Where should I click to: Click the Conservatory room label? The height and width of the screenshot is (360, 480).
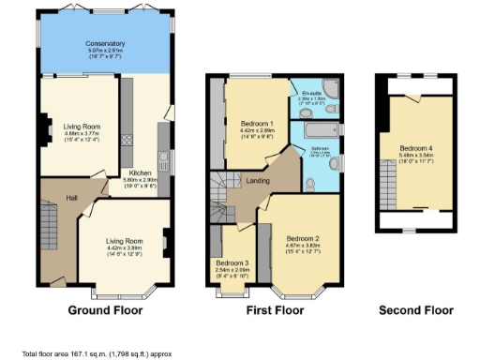(105, 44)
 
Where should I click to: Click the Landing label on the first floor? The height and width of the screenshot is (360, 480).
(259, 181)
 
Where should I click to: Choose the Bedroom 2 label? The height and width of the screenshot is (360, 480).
(304, 238)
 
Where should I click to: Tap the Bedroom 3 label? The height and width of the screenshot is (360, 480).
(232, 262)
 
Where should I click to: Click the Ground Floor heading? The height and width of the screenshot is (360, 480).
(105, 310)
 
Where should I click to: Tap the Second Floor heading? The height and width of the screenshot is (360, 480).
(415, 310)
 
